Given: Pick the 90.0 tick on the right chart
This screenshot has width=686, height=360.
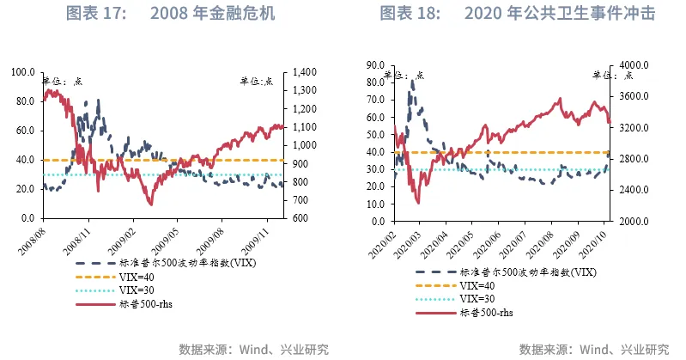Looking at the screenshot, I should [373, 64].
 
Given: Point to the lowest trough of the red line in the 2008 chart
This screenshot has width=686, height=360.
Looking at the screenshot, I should [150, 204].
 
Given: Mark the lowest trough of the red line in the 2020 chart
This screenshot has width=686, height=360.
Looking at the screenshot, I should [417, 202].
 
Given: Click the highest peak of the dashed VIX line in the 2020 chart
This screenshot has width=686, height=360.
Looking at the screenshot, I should [412, 82].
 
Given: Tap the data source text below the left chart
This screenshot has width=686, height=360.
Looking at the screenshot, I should [253, 349].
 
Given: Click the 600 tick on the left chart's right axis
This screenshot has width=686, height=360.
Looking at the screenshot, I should [302, 218].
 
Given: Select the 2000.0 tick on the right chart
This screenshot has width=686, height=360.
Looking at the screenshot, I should [630, 222].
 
